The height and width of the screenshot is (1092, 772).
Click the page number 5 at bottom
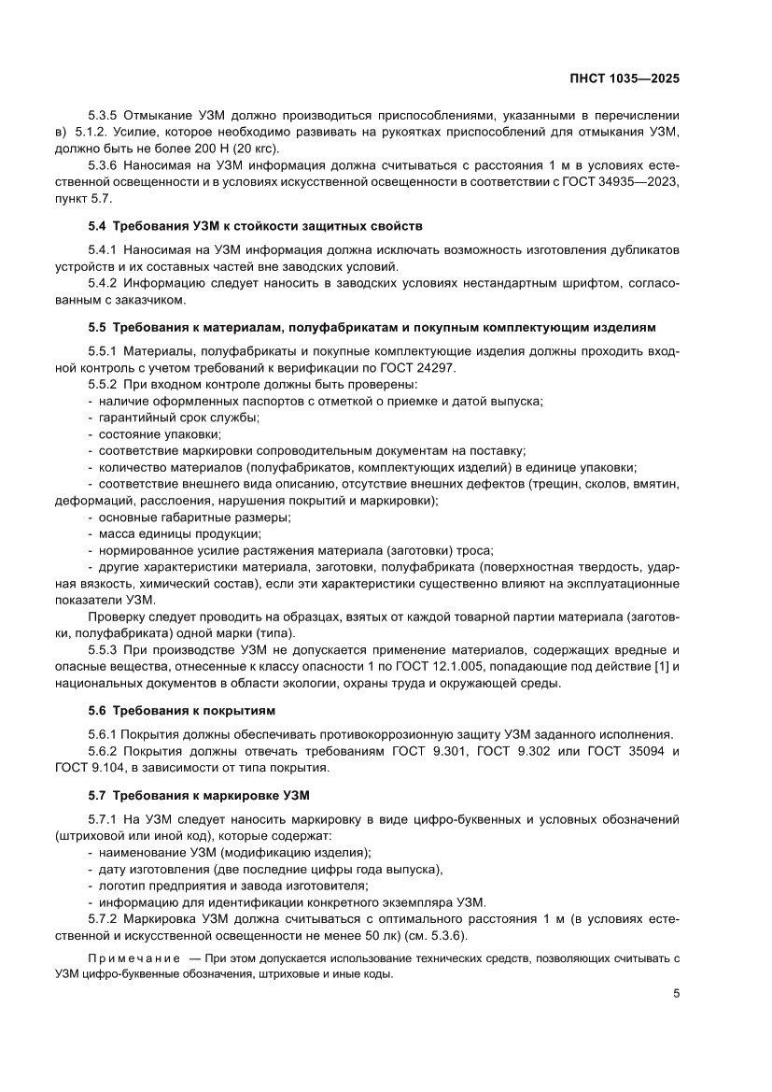tap(676, 994)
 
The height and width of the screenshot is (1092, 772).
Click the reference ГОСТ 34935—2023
tap(613, 182)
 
